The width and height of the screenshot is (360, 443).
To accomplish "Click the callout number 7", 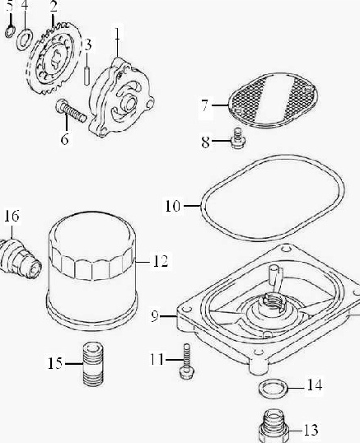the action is pyautogui.click(x=205, y=105).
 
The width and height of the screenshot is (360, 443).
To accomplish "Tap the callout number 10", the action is pyautogui.click(x=173, y=206).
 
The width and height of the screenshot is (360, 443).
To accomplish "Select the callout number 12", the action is pyautogui.click(x=161, y=262).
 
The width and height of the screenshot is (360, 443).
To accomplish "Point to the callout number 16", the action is pyautogui.click(x=12, y=216).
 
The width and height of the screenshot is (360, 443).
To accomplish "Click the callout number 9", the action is pyautogui.click(x=155, y=316).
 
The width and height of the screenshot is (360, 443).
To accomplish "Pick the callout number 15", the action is pyautogui.click(x=55, y=363).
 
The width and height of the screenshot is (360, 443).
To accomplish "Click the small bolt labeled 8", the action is pyautogui.click(x=238, y=138).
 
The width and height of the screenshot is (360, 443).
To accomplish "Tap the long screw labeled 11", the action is pyautogui.click(x=186, y=361).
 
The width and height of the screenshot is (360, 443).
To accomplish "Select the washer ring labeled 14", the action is pyautogui.click(x=274, y=389).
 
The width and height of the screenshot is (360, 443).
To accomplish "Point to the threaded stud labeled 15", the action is pyautogui.click(x=93, y=365).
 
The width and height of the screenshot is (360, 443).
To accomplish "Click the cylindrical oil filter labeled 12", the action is pyautogui.click(x=91, y=271).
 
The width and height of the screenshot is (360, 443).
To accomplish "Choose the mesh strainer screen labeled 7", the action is pyautogui.click(x=273, y=100).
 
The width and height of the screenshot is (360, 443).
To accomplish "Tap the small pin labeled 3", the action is pyautogui.click(x=87, y=76).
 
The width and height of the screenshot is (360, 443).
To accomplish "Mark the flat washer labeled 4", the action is pyautogui.click(x=25, y=40).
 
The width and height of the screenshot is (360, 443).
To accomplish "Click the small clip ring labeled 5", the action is pyautogui.click(x=10, y=31).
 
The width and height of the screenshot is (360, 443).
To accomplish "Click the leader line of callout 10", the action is pyautogui.click(x=193, y=206).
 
